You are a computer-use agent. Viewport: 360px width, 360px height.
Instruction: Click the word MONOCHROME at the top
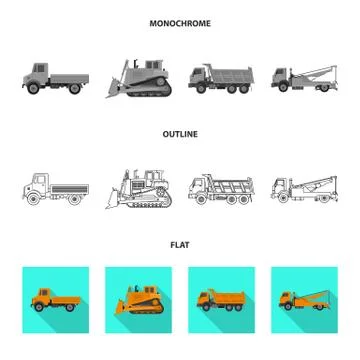(180, 23)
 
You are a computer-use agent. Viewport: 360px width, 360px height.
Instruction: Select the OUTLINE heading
(180, 133)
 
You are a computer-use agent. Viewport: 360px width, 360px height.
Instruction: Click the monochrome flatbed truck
(52, 78)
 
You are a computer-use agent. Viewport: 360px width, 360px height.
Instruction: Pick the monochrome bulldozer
(140, 78)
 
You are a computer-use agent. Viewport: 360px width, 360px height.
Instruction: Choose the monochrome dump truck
(221, 79)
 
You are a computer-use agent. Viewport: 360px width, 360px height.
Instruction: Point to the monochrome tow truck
(303, 78)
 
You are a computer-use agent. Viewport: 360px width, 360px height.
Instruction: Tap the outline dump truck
(221, 187)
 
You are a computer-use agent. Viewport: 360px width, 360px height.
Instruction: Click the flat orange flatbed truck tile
(52, 299)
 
